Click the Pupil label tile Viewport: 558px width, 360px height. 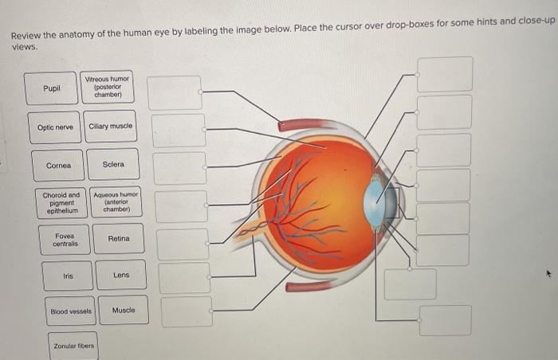pos(52,89)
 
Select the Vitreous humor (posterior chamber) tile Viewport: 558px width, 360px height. pos(112,87)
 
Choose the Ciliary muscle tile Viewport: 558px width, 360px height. pos(111,127)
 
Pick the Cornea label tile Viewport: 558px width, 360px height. pos(58,166)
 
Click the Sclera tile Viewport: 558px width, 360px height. pos(113,165)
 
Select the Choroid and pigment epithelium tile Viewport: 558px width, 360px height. pos(61,202)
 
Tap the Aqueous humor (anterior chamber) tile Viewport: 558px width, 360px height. pos(116,202)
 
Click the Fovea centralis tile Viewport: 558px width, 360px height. pos(65,239)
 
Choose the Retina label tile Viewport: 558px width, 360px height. pos(119,239)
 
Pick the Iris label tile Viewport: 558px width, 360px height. pos(68,276)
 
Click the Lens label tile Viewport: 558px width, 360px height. pos(121,276)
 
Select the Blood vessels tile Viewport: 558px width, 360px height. pos(71,311)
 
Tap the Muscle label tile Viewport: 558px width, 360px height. pos(124,311)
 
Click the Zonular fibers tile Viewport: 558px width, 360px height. pos(73,346)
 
